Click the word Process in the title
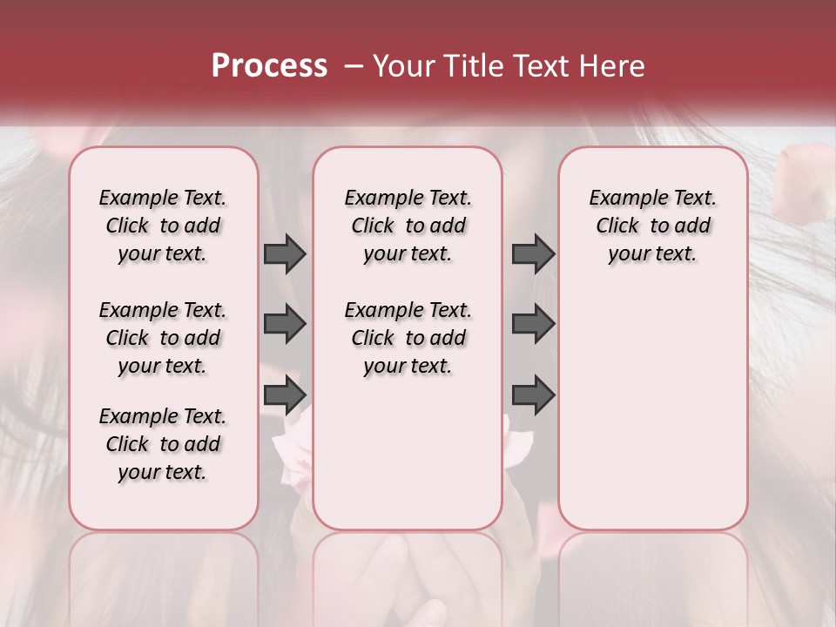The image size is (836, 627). coord(269,66)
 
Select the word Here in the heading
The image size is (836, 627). coord(611,66)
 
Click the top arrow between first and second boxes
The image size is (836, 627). coord(285,253)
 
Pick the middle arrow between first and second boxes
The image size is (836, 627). coord(285,324)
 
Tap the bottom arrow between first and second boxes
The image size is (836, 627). coord(285,395)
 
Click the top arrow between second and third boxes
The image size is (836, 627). coord(533,253)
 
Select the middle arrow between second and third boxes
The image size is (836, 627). coord(533,324)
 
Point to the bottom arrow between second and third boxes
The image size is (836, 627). coord(533,395)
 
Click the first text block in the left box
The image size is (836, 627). coord(163,226)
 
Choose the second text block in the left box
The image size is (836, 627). coord(163,338)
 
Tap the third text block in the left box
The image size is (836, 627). coord(163,444)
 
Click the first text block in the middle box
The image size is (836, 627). coord(408,226)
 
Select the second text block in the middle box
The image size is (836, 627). coord(408,338)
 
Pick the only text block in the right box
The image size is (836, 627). coord(652,226)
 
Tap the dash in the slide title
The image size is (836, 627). coord(354,66)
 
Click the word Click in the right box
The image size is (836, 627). coord(617,226)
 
